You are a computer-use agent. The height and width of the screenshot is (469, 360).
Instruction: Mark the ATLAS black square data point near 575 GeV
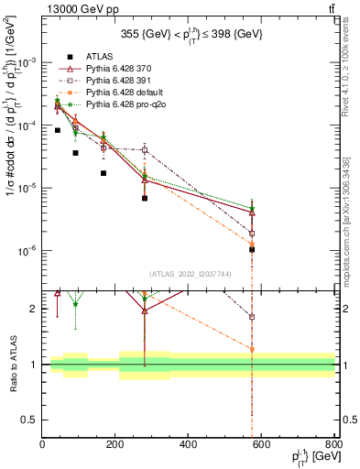pyautogui.click(x=251, y=249)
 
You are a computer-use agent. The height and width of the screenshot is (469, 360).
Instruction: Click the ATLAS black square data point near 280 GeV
pyautogui.click(x=145, y=198)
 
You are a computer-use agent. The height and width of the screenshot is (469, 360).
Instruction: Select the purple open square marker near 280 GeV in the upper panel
pyautogui.click(x=145, y=150)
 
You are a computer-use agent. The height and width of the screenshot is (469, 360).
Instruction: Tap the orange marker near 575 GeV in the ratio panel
pyautogui.click(x=251, y=349)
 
